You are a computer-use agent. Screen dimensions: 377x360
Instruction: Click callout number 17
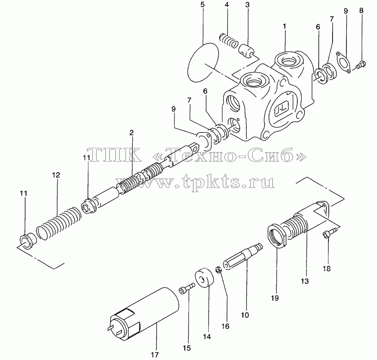(x=155, y=355)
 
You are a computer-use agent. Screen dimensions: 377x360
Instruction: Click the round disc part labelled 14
(x=204, y=278)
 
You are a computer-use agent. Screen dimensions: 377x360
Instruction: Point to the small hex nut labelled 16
(x=218, y=270)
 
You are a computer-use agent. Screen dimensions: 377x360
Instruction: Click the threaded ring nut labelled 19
(x=277, y=235)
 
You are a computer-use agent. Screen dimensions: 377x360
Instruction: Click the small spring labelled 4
(x=229, y=40)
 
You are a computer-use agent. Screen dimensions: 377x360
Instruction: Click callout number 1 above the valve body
(x=284, y=26)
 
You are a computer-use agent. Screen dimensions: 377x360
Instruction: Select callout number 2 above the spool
(x=132, y=132)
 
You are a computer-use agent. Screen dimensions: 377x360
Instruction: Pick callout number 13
(x=305, y=281)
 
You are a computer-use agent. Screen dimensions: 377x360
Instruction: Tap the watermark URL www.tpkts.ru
(x=195, y=182)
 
